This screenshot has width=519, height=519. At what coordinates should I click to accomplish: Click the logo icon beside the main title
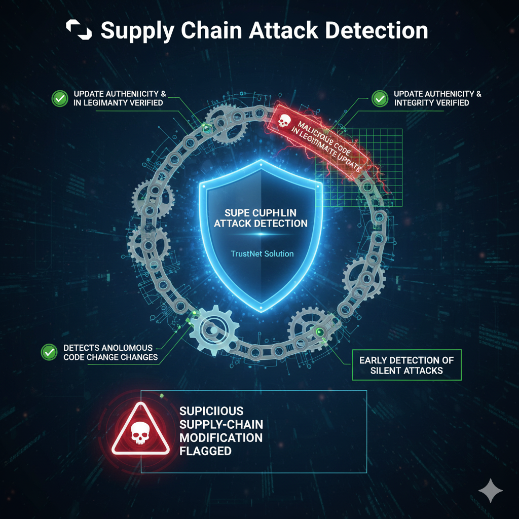tap(79, 31)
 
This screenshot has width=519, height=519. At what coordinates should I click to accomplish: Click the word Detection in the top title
tap(377, 31)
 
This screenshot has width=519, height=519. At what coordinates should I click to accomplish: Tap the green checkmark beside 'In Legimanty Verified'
tap(60, 98)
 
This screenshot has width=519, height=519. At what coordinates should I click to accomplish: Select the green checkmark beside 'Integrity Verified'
tap(379, 98)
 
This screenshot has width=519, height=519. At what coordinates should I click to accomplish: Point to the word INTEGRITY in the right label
tap(414, 103)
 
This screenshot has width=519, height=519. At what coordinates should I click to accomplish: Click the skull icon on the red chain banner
tap(284, 121)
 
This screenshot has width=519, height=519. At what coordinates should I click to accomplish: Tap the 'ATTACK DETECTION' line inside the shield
tap(260, 223)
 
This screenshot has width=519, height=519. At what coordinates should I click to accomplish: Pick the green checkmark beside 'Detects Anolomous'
tap(49, 351)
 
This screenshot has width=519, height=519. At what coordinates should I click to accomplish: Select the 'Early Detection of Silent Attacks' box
tap(406, 365)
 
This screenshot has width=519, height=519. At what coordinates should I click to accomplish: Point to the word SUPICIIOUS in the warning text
tap(212, 411)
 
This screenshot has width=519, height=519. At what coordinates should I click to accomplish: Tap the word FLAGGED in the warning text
tap(205, 451)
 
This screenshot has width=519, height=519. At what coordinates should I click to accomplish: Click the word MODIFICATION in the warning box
tap(220, 437)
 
